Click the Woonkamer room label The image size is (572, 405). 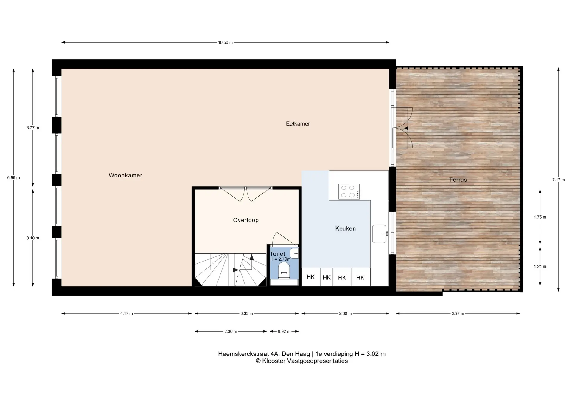tap(125, 175)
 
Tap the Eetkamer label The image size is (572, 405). tap(298, 124)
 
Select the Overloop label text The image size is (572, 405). tap(246, 220)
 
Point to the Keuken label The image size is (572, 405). tap(346, 228)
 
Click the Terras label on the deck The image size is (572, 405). tap(458, 180)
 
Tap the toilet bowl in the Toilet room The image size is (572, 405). tap(284, 270)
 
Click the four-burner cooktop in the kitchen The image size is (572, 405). tap(349, 191)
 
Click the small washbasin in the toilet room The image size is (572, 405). tap(294, 253)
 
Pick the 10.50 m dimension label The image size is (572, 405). tap(225, 43)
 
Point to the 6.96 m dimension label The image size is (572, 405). tap(14, 178)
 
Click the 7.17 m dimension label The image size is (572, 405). tap(559, 180)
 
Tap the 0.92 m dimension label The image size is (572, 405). tap(284, 331)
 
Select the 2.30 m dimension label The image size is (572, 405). tap(231, 331)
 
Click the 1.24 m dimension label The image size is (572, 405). tap(540, 267)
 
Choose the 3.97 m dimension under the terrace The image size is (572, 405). tap(458, 313)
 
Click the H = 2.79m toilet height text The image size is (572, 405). tap(280, 259)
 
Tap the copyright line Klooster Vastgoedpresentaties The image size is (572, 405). tap(302, 361)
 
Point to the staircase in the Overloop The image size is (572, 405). tap(231, 270)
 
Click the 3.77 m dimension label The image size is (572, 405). tap(33, 128)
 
